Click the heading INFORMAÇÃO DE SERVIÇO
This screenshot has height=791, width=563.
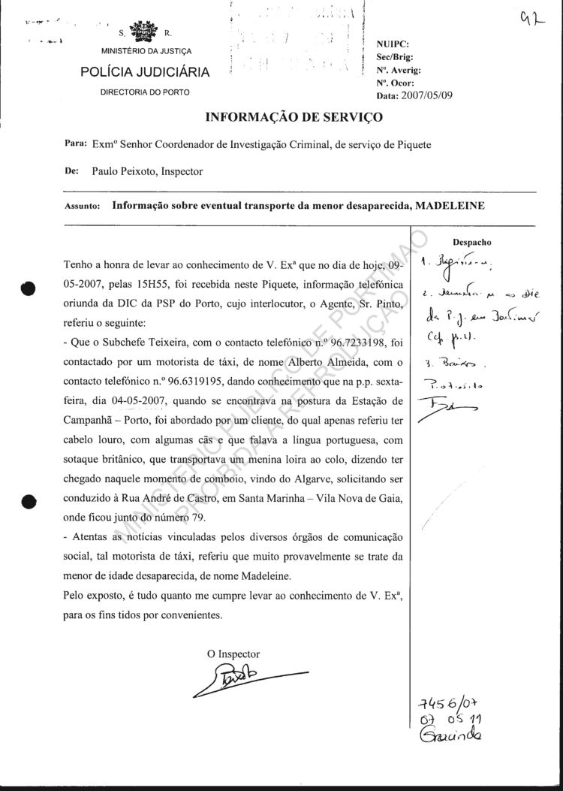(x=294, y=117)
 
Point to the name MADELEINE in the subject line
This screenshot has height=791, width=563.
(x=450, y=204)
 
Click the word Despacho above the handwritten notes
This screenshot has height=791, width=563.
(x=472, y=243)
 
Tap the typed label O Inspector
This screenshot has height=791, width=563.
(x=233, y=654)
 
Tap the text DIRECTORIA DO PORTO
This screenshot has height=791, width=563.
(x=146, y=92)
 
